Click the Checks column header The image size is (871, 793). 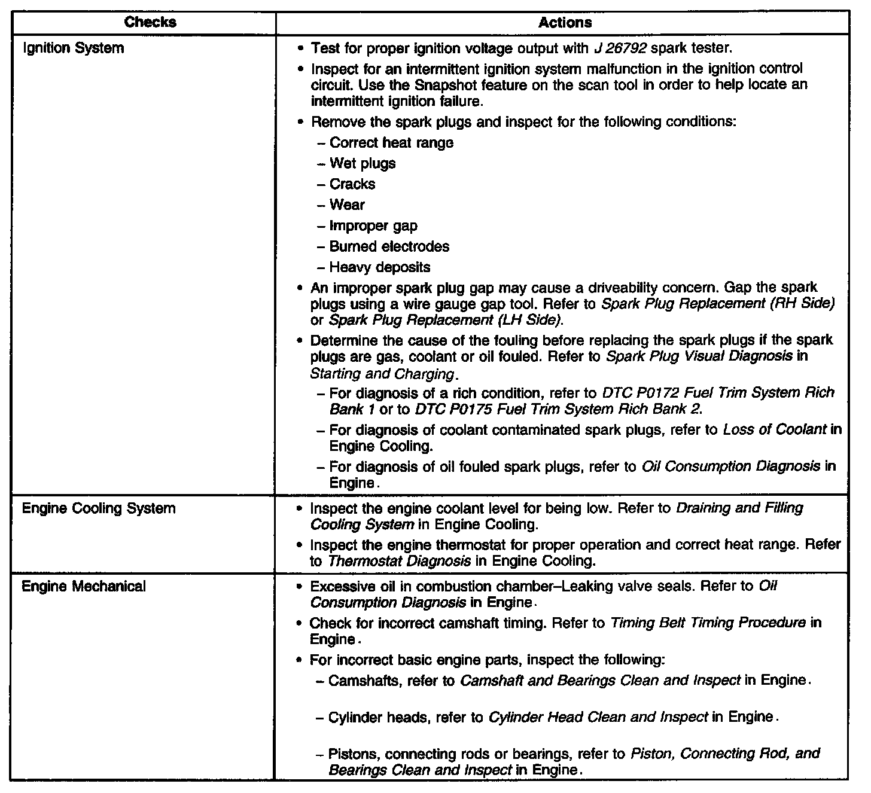[150, 23]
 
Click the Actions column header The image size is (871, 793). [565, 23]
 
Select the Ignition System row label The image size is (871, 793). [73, 48]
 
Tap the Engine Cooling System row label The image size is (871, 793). [99, 508]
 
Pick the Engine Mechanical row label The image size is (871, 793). [84, 586]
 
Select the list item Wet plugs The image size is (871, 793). [363, 163]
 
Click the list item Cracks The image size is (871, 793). [352, 184]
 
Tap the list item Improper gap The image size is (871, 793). [373, 226]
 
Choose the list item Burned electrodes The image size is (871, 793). [389, 247]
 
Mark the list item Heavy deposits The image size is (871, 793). [380, 267]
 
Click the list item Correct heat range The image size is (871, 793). [391, 143]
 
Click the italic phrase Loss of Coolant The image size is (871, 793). [775, 429]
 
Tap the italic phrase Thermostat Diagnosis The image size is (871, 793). [399, 562]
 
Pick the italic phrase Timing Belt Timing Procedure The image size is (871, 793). [708, 623]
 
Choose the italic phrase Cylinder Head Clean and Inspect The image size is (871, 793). [598, 717]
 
